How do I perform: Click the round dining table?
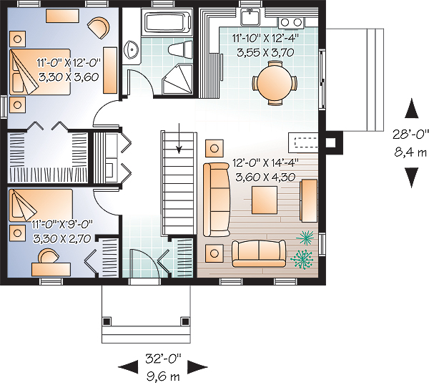(275, 83)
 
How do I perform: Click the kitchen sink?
(250, 16)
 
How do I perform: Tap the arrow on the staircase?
(179, 138)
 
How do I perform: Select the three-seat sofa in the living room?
(216, 200)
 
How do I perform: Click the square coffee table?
(265, 200)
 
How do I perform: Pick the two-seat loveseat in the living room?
(259, 253)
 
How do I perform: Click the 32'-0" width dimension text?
(163, 359)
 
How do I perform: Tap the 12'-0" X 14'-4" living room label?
(265, 163)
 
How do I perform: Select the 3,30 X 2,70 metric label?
(61, 238)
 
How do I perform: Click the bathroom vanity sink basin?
(132, 50)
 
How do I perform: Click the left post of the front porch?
(107, 321)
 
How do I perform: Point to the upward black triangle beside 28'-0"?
(412, 109)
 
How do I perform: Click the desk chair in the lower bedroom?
(48, 255)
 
